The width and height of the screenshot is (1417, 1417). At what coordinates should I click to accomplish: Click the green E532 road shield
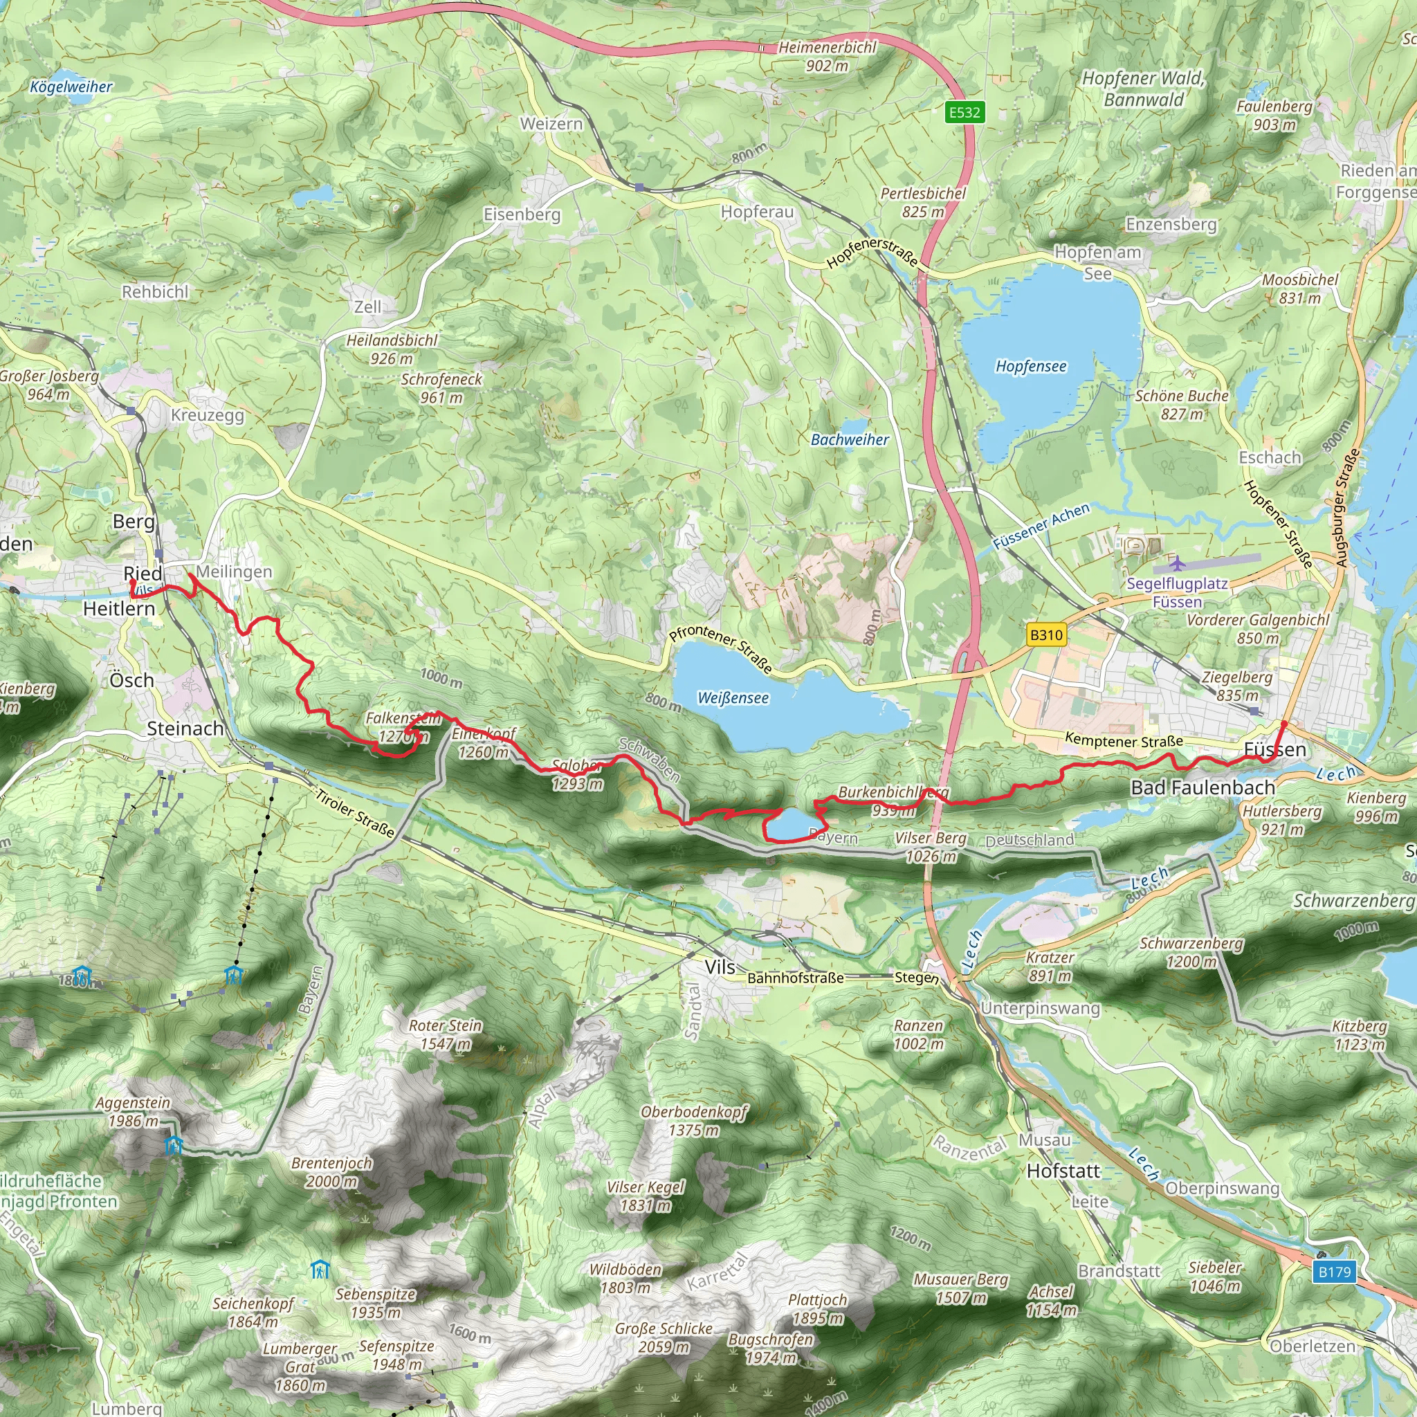964,112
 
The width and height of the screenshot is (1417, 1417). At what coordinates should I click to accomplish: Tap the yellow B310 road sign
1046,635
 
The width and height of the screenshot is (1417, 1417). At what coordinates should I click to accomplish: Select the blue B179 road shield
1334,1272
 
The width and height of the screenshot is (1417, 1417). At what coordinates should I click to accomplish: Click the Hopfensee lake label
1030,366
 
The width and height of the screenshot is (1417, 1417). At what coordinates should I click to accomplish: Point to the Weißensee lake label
733,697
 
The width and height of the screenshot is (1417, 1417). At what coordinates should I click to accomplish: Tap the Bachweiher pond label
850,439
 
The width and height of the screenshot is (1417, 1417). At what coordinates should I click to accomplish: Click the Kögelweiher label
71,86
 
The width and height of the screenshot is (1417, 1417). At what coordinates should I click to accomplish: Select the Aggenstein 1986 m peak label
133,1111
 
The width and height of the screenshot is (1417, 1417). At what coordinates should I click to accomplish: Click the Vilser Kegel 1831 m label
646,1196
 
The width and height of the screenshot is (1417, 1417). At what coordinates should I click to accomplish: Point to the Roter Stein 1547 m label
445,1034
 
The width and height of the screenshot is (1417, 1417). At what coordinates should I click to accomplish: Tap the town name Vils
720,967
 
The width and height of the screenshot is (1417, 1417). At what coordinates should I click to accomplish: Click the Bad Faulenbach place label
1202,787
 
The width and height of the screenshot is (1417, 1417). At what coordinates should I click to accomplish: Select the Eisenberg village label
522,214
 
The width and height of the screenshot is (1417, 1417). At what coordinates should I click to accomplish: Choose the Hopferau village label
757,212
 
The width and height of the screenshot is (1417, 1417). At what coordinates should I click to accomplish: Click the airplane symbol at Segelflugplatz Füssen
1177,563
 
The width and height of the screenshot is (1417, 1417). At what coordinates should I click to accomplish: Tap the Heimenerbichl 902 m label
828,56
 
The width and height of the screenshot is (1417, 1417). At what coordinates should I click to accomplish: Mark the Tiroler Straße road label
356,814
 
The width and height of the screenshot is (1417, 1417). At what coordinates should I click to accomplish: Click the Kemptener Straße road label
1124,740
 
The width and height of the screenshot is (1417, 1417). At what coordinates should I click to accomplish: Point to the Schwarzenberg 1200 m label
1191,952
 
